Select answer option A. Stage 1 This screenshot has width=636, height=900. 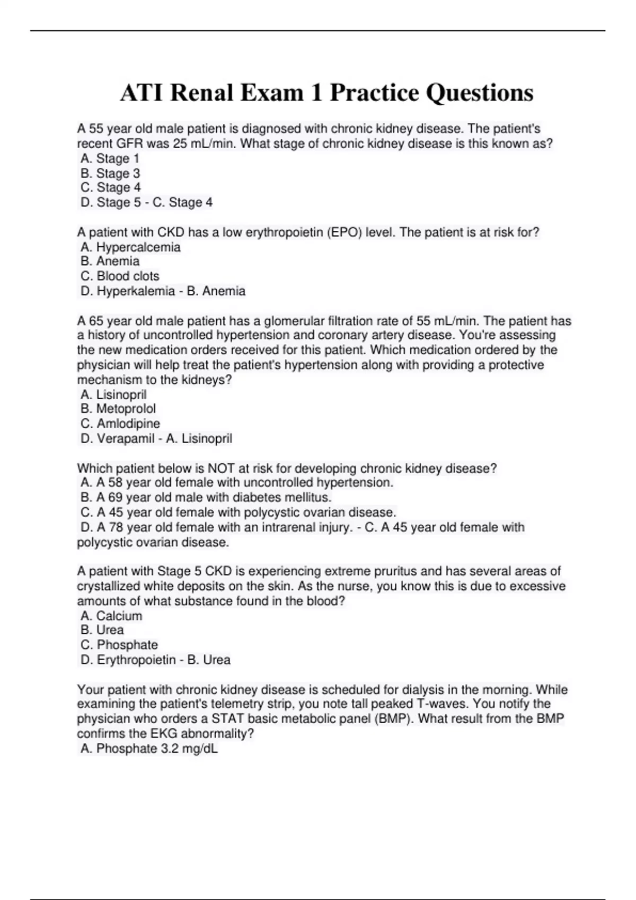110,158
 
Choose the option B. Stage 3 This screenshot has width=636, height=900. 110,173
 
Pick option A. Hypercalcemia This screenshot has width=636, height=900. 130,247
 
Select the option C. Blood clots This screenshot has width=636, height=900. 120,276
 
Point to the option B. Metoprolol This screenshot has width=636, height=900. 118,409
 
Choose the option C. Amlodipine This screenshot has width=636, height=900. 120,424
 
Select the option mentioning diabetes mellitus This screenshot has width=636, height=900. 206,497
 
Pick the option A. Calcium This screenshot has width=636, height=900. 111,616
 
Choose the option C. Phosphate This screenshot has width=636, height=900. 119,645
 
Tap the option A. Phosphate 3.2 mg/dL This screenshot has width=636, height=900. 149,749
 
